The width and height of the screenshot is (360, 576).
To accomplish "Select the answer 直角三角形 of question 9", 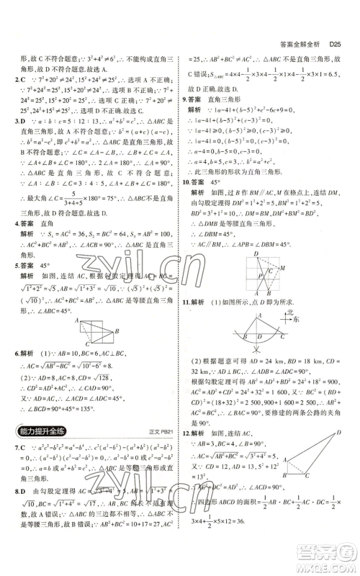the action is (x=227, y=101).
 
